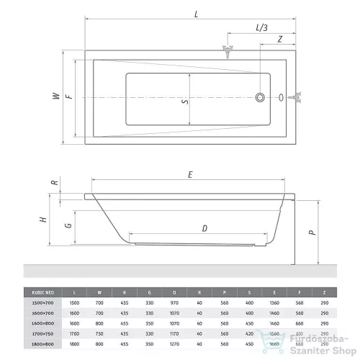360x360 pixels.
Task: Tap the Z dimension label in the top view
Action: point(279,39)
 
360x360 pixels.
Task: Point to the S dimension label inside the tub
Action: point(185,102)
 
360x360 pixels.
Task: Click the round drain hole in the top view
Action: point(260,96)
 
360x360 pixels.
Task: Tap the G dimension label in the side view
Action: point(67,225)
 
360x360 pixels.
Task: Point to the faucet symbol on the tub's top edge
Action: point(228,52)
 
